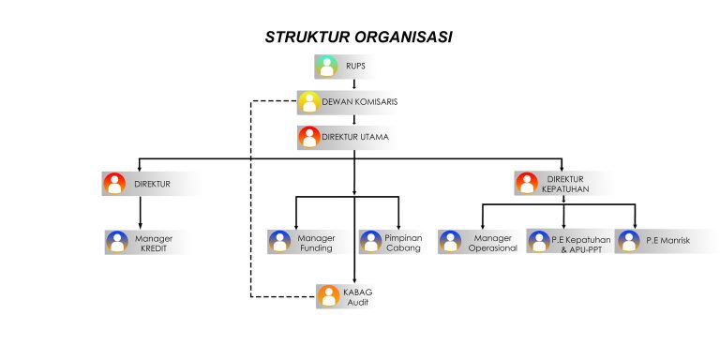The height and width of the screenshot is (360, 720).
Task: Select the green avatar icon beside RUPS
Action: pos(326,67)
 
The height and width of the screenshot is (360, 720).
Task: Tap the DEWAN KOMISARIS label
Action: pos(360,102)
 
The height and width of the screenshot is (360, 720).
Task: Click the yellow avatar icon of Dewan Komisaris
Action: pos(309,102)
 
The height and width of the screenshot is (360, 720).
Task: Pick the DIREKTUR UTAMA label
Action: pos(355,137)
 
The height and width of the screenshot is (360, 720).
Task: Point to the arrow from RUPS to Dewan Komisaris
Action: pos(354,83)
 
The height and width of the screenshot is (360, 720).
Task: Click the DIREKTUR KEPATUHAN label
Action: pos(564,184)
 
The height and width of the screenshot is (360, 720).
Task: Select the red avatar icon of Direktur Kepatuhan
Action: pos(527,183)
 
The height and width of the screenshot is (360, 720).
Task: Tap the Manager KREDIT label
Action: pos(154,244)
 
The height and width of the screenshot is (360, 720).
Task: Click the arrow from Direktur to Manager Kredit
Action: pos(140,212)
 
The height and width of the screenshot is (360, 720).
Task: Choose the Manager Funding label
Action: pos(316,244)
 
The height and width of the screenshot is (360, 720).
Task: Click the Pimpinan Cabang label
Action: pos(404,244)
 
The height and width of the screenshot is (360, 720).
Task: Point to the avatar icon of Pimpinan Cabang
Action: pos(371,241)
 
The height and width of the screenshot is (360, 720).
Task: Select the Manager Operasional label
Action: pos(493,244)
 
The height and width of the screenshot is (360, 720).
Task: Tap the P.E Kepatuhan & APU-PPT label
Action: pos(581,245)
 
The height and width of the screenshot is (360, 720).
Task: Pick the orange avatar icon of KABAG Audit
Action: pos(328,296)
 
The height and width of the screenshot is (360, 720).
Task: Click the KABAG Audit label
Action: pos(358,297)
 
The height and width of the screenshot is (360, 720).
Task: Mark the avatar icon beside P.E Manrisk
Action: pos(629,241)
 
